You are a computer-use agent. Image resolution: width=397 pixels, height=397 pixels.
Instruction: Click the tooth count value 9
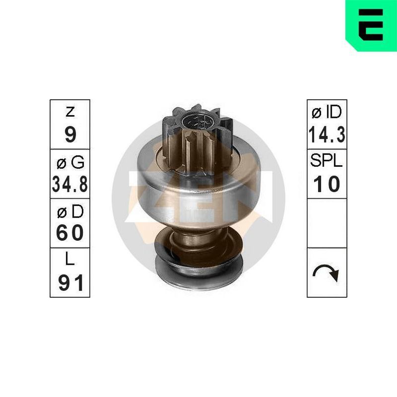pyautogui.click(x=70, y=134)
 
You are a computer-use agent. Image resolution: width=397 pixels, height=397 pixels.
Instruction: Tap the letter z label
pyautogui.click(x=70, y=112)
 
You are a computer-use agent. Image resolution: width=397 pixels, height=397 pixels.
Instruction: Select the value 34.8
pyautogui.click(x=70, y=184)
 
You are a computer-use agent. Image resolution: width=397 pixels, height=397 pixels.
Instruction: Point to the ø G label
pyautogui.click(x=70, y=163)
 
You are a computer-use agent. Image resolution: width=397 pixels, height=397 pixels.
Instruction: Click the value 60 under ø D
pyautogui.click(x=70, y=233)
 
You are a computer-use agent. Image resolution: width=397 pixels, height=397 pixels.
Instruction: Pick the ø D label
pyautogui.click(x=70, y=212)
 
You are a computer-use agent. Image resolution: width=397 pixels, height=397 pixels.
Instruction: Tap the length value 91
pyautogui.click(x=70, y=283)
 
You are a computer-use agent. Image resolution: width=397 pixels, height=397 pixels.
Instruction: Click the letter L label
pyautogui.click(x=70, y=259)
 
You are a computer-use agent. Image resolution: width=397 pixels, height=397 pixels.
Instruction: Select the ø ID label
pyautogui.click(x=327, y=112)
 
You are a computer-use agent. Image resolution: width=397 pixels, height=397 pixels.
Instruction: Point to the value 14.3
pyautogui.click(x=327, y=134)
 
